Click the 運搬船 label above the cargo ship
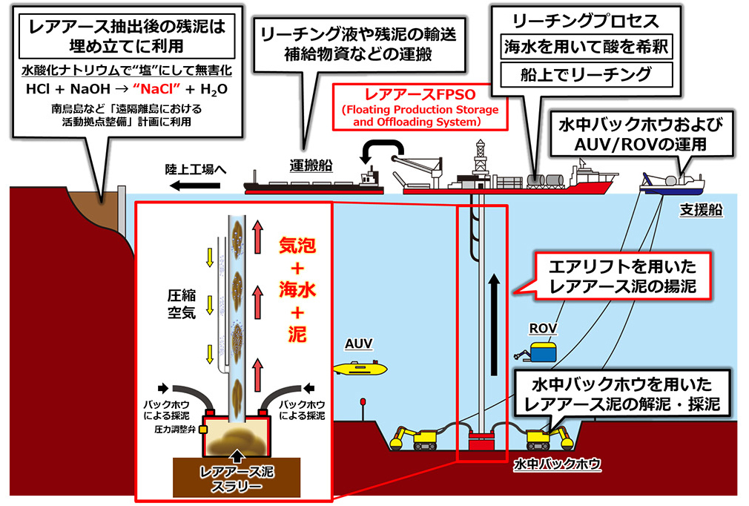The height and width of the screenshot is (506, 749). (x=311, y=165)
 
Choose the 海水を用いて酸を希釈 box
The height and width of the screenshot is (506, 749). (x=587, y=47)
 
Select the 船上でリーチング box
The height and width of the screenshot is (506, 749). (x=587, y=74)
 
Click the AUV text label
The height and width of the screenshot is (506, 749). (x=358, y=344)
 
